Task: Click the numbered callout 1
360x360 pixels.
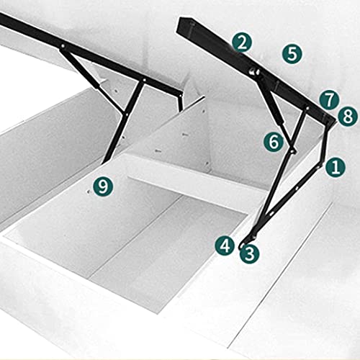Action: click(336, 167)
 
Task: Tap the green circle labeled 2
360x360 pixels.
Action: click(242, 43)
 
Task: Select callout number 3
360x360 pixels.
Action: click(250, 254)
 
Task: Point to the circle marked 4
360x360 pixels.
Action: click(225, 246)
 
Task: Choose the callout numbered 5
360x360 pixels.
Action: click(292, 54)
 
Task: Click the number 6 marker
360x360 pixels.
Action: click(274, 142)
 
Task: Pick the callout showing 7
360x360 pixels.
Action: click(329, 100)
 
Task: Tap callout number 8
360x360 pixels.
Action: click(348, 117)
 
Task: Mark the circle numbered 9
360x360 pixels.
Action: click(103, 186)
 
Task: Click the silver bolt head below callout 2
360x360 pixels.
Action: click(253, 71)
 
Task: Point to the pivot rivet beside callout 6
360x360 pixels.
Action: click(292, 151)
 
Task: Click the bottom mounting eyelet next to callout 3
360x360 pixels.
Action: click(241, 246)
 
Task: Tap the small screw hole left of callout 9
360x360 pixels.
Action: click(89, 192)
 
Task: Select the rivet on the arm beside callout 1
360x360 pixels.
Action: click(318, 166)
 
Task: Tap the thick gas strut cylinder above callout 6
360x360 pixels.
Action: click(276, 108)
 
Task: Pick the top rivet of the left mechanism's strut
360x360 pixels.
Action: click(63, 45)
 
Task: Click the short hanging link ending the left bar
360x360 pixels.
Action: click(180, 102)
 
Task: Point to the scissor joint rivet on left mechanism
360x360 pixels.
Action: click(127, 114)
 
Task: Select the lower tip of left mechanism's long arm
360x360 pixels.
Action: click(102, 163)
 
